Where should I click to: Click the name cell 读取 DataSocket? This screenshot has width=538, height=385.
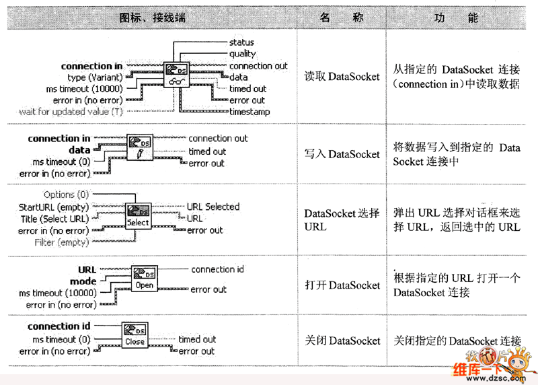pyautogui.click(x=342, y=77)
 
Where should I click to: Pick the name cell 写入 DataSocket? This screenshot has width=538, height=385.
pyautogui.click(x=342, y=154)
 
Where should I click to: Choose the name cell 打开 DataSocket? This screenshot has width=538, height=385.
pyautogui.click(x=342, y=285)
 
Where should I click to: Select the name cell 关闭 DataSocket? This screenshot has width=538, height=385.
pyautogui.click(x=342, y=341)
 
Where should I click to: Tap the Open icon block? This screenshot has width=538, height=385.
pyautogui.click(x=144, y=279)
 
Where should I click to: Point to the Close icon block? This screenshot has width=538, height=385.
pyautogui.click(x=134, y=336)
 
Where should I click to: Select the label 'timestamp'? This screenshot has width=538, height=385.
pyautogui.click(x=249, y=112)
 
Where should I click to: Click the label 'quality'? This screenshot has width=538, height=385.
pyautogui.click(x=242, y=54)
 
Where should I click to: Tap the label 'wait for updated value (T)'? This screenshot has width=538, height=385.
pyautogui.click(x=65, y=112)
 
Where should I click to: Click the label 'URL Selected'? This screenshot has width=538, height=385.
pyautogui.click(x=213, y=207)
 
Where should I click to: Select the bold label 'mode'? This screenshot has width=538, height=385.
pyautogui.click(x=83, y=281)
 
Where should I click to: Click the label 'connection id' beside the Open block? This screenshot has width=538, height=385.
pyautogui.click(x=217, y=269)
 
